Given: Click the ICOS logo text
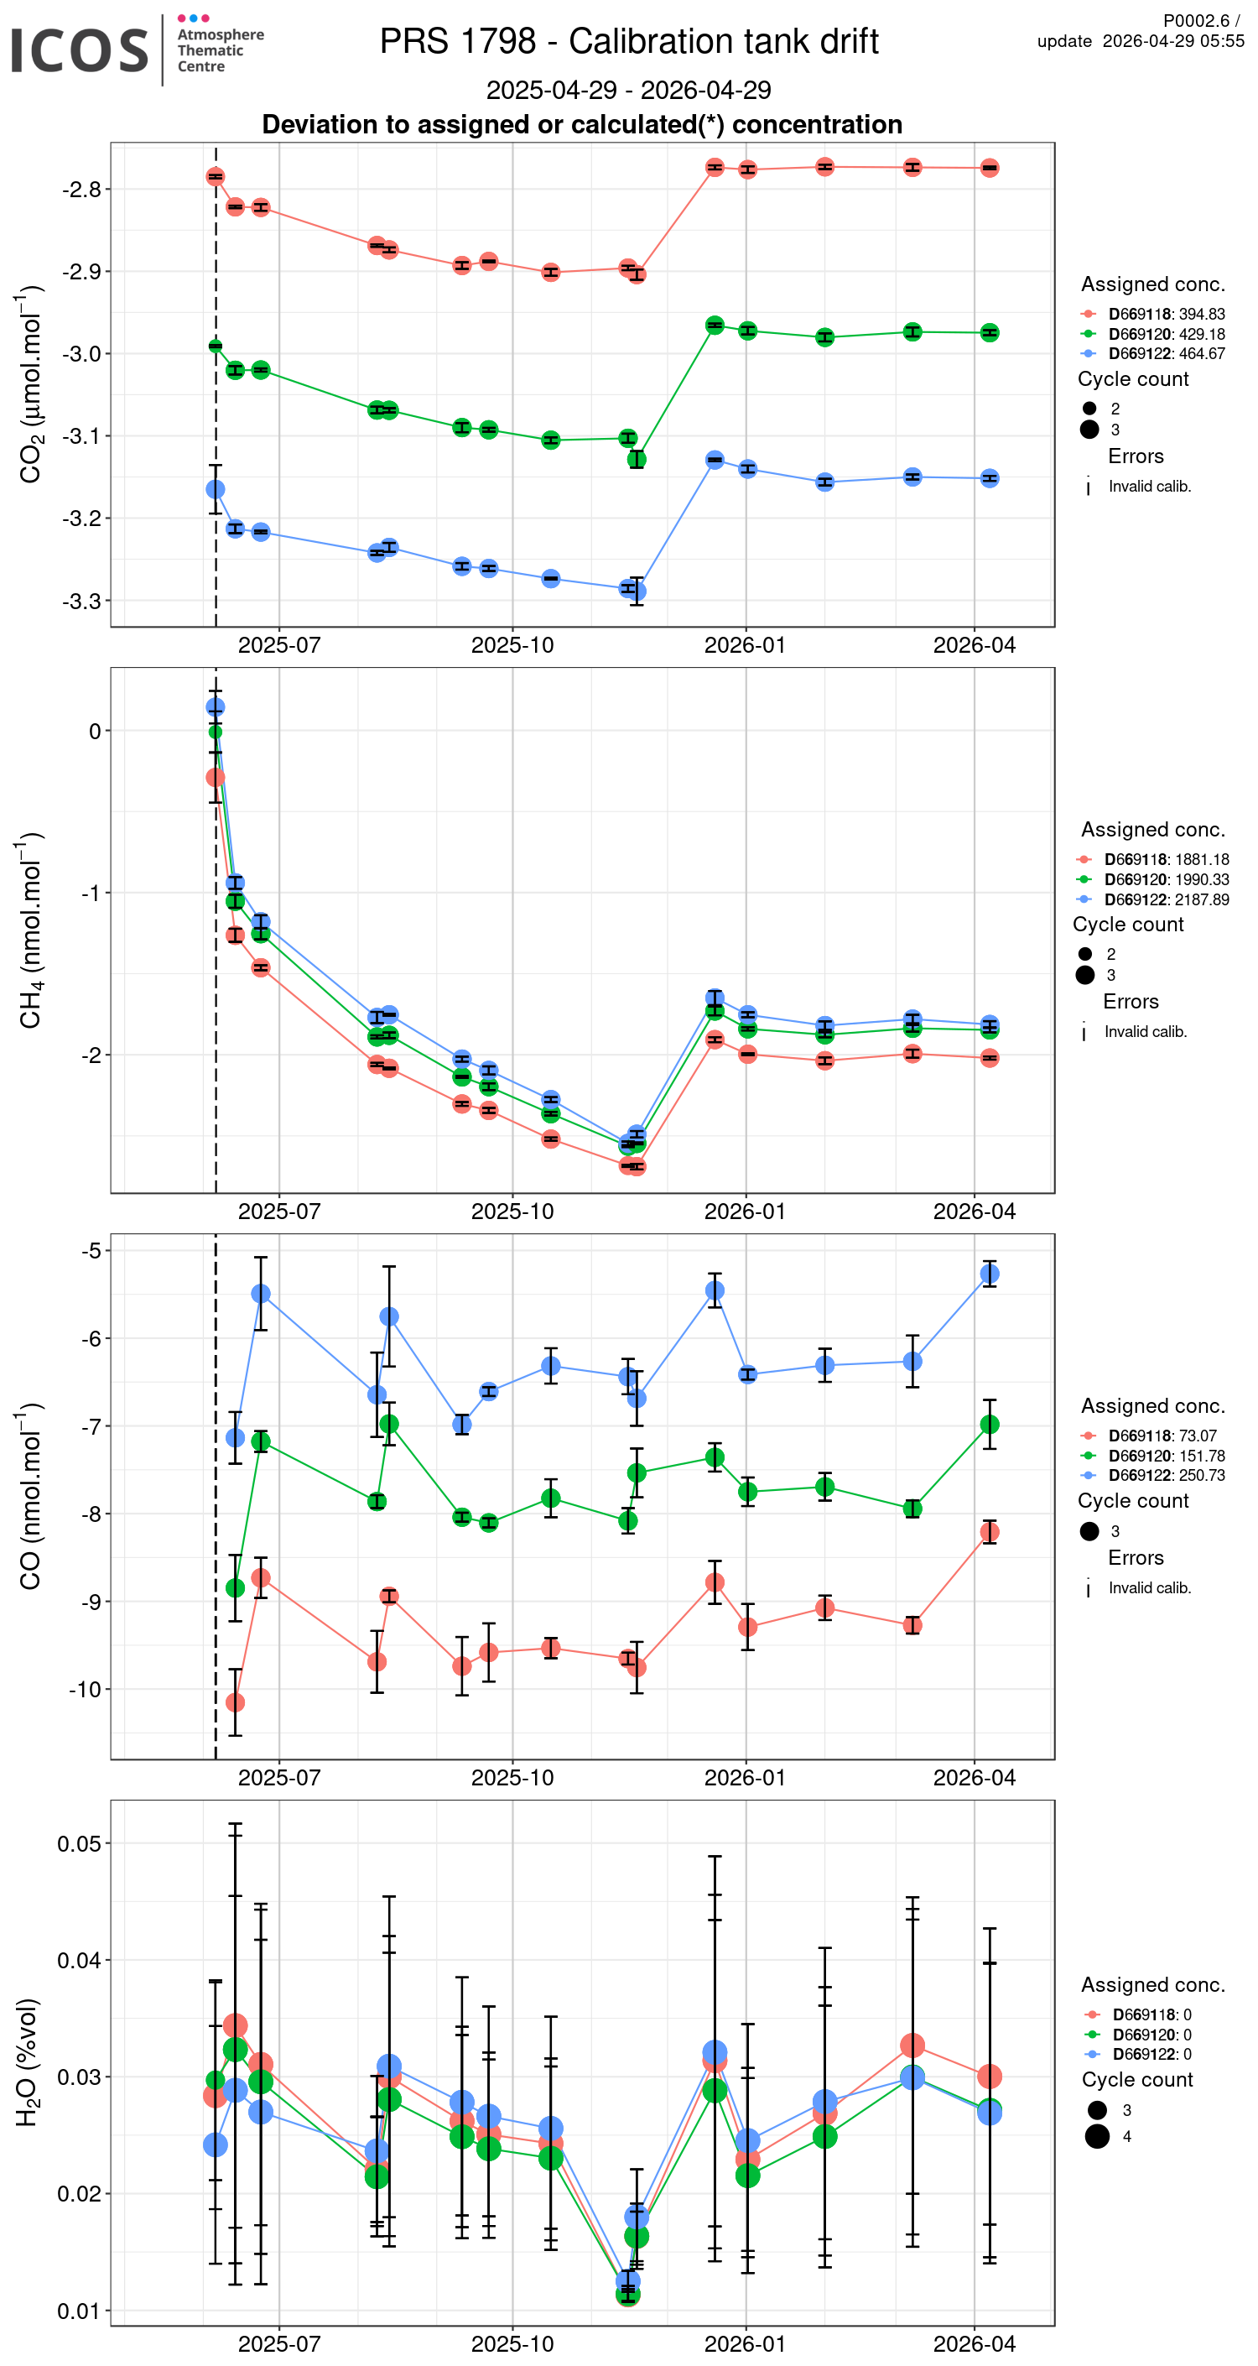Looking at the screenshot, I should point(79,50).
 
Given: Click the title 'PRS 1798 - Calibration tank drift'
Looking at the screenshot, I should point(629,41).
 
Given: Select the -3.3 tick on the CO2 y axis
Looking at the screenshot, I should point(81,602).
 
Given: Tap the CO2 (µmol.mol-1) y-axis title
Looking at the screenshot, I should point(30,385).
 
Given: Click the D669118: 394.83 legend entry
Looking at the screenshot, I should point(1167,314).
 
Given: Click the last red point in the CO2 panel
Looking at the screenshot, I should point(989,168).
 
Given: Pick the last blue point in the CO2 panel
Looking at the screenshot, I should point(989,478).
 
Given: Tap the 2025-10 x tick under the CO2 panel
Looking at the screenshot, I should point(512,646).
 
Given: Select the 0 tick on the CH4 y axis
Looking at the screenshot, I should point(95,731).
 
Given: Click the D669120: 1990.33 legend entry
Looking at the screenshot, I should point(1167,880).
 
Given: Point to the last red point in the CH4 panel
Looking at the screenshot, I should point(989,1058).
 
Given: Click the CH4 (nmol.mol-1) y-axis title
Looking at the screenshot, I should point(30,930).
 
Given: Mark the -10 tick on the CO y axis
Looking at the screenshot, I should point(85,1689).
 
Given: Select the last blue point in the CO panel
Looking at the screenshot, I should point(989,1274).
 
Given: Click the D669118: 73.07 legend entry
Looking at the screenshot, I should point(1162,1436).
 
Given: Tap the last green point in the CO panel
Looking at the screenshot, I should point(989,1425).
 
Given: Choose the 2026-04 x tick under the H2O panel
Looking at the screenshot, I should point(975,2344).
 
